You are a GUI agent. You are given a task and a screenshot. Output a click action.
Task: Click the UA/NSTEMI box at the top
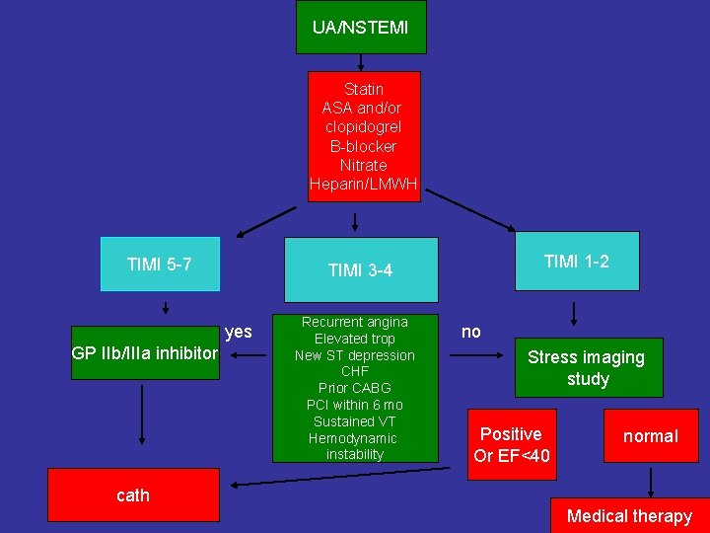tap(361, 27)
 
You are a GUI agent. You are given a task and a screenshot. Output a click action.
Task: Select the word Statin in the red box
tap(363, 89)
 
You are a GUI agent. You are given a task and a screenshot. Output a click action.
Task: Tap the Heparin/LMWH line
tap(363, 184)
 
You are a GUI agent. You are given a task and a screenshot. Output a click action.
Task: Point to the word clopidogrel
tap(363, 127)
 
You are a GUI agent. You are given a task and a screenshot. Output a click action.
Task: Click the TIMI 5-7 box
tap(160, 264)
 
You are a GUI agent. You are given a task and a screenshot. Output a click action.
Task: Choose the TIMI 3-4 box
tap(360, 269)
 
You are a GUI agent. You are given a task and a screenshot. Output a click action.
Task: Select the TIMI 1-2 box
tap(577, 261)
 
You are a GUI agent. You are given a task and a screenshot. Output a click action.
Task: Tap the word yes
tap(239, 332)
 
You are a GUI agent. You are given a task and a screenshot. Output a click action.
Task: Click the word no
tap(471, 332)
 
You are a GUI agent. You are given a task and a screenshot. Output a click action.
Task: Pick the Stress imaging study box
tap(587, 367)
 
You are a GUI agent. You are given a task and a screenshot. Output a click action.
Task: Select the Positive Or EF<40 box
tap(512, 444)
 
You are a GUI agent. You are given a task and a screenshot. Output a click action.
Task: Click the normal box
tap(650, 435)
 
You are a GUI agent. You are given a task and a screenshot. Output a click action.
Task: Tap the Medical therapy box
tap(629, 515)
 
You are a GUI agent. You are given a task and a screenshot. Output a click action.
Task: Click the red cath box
tap(133, 495)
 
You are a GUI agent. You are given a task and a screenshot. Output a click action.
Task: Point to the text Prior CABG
tap(355, 388)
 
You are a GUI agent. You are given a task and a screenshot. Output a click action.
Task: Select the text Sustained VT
tap(355, 421)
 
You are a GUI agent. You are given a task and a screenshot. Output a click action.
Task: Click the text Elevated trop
tap(355, 339)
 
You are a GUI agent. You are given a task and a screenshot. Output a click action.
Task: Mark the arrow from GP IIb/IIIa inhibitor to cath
tap(143, 415)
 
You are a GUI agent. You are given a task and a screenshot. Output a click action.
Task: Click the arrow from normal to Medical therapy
tap(650, 482)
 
